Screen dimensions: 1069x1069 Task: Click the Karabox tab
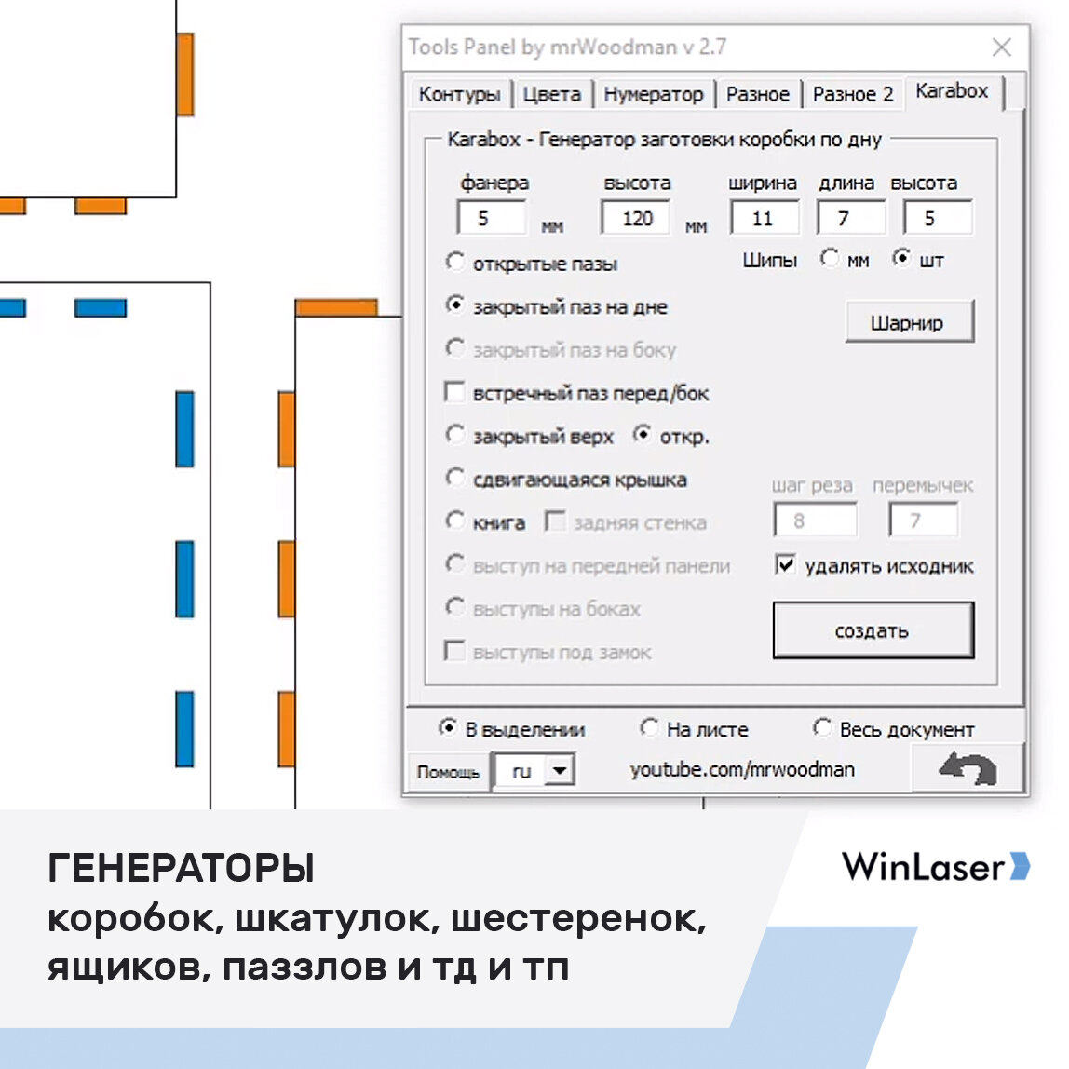point(951,91)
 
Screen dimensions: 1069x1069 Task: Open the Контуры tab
point(459,94)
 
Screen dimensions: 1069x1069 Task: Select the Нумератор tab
point(653,94)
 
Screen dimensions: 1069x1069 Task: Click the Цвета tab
point(551,94)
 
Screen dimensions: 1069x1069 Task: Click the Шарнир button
point(908,322)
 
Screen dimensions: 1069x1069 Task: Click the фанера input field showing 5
point(491,219)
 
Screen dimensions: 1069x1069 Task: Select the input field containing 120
point(635,219)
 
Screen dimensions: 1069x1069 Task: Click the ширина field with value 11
point(764,219)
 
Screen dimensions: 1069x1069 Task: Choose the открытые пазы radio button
point(454,262)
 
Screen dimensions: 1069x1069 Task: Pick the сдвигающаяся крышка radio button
point(454,479)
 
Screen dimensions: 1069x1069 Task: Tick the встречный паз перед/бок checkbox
point(454,392)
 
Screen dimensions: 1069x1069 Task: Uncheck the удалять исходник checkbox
point(785,564)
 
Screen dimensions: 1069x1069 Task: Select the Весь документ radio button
point(821,727)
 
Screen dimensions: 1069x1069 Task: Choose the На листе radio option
point(649,727)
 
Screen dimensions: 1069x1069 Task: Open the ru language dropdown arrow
point(559,770)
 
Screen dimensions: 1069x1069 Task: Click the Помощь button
point(448,772)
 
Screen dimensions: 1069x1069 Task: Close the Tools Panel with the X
point(1002,47)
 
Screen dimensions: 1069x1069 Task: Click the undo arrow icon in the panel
point(968,769)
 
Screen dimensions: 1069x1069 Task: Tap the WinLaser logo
point(935,866)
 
